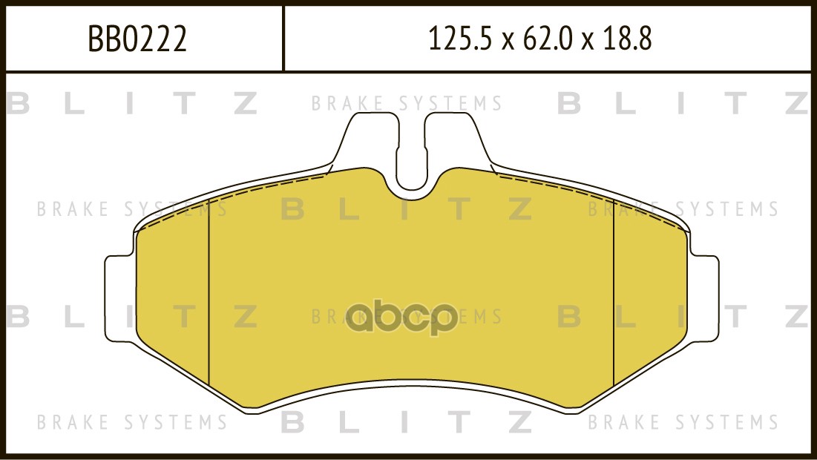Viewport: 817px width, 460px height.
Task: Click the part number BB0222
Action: (x=137, y=39)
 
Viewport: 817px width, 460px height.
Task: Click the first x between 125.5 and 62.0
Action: (x=508, y=41)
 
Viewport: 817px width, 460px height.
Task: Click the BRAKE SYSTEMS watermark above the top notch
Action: (x=407, y=104)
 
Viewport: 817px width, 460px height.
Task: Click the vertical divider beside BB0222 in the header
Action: (x=283, y=39)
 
